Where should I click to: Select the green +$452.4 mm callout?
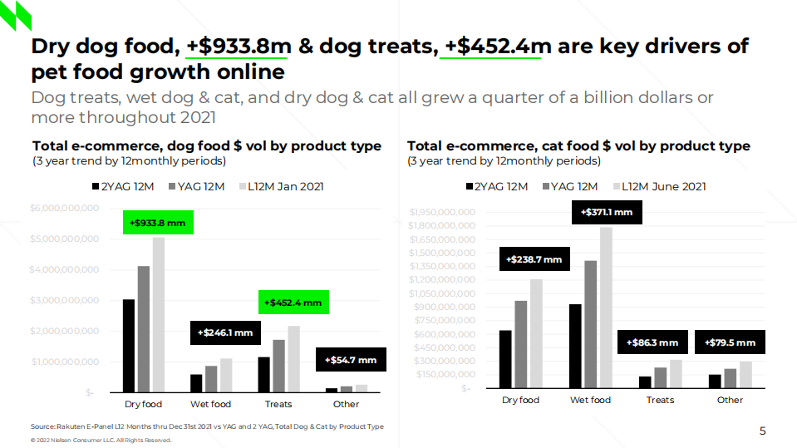point(293,303)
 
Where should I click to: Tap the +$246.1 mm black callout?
point(225,332)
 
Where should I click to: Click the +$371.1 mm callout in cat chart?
point(606,213)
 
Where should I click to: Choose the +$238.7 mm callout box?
point(534,259)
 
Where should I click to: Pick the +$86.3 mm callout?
point(652,342)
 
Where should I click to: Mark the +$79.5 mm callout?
point(730,342)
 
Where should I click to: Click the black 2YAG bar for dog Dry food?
point(129,345)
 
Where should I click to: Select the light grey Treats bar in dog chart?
point(293,358)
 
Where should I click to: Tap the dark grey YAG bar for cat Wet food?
point(590,324)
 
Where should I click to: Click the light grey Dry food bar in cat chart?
point(536,333)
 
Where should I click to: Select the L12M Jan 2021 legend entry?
point(281,187)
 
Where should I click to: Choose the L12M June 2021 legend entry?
point(660,187)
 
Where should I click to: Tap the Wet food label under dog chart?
point(210,405)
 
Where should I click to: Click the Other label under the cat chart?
point(730,401)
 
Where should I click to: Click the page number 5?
point(762,431)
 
